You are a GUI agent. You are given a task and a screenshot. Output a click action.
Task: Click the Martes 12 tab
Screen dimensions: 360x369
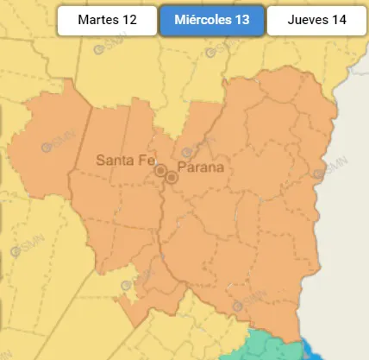coord(107,20)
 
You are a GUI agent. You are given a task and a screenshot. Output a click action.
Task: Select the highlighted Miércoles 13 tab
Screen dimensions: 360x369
coord(211,20)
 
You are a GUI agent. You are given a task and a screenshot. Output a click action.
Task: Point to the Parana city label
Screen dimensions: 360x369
coord(199,167)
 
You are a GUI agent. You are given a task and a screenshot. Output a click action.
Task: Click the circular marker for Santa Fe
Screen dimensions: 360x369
coord(160,171)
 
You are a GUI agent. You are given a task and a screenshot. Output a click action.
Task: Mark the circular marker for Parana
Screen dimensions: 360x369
coord(172,177)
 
